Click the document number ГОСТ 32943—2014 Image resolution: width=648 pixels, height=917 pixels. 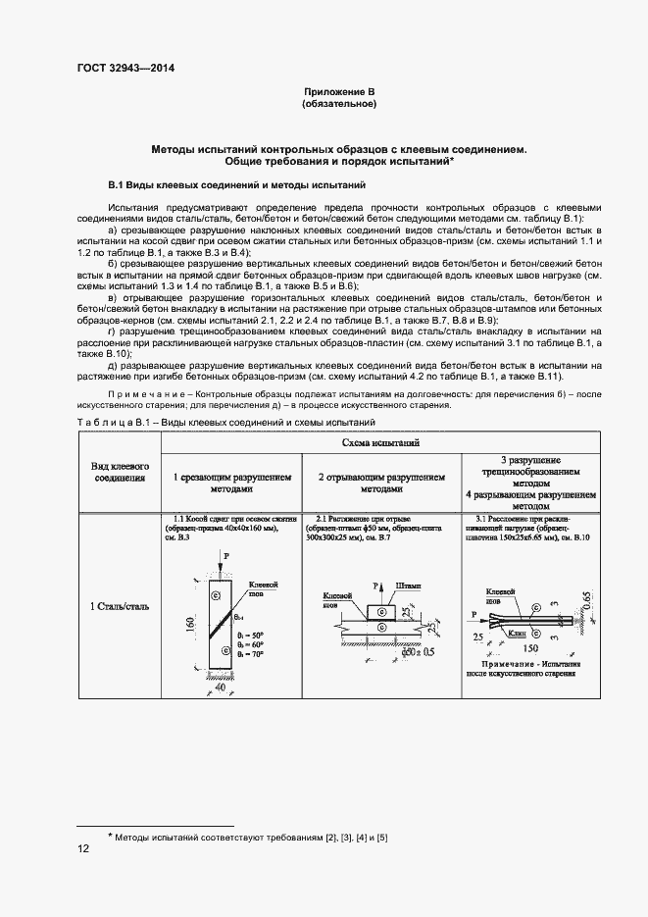(x=125, y=69)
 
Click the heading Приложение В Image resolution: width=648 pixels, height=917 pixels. (x=340, y=91)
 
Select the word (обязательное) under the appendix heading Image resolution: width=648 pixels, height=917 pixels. (x=340, y=103)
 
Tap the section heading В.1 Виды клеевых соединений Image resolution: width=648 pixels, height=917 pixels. (x=236, y=184)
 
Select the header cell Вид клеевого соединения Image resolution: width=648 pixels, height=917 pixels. (x=120, y=471)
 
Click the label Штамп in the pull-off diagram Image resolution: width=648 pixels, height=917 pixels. (x=408, y=586)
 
